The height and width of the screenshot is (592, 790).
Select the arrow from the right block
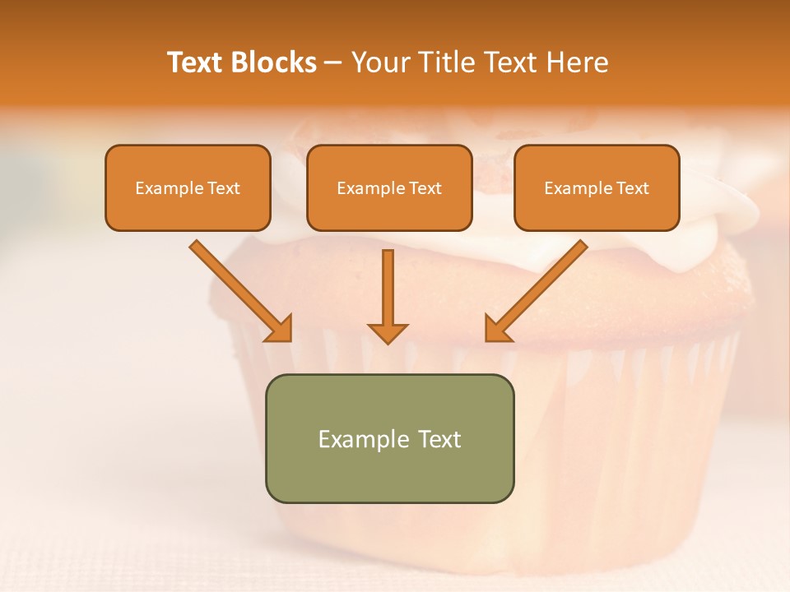539,288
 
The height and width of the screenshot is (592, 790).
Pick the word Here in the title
579,62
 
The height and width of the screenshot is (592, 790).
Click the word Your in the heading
382,62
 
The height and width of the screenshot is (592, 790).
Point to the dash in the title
333,63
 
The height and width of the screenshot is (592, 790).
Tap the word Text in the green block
439,439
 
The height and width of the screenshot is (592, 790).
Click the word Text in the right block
633,188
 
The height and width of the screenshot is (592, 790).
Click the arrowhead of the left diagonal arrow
280,329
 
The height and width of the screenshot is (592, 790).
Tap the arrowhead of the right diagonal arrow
496,329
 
